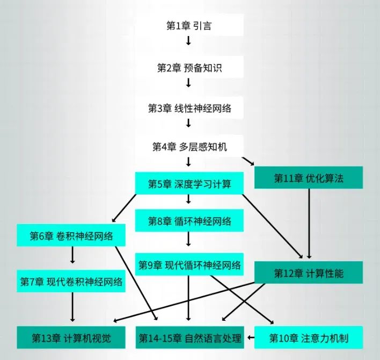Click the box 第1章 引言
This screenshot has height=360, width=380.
pyautogui.click(x=189, y=25)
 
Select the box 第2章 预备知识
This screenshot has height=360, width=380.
pyautogui.click(x=189, y=67)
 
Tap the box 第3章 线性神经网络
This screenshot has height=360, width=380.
pyautogui.click(x=189, y=108)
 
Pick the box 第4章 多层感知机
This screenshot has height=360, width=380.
pyautogui.click(x=189, y=147)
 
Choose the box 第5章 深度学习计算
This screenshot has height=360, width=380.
pyautogui.click(x=189, y=184)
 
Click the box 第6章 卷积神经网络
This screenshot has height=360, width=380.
pyautogui.click(x=71, y=236)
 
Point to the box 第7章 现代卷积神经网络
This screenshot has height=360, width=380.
pyautogui.click(x=71, y=281)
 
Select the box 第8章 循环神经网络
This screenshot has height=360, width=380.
pyautogui.click(x=189, y=220)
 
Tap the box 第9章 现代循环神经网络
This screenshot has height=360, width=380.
pyautogui.click(x=189, y=264)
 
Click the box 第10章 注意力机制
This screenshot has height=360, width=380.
pyautogui.click(x=309, y=338)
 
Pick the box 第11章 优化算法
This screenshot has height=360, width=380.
pyautogui.click(x=309, y=178)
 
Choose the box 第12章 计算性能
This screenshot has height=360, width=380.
pyautogui.click(x=309, y=273)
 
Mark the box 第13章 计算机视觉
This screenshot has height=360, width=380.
pyautogui.click(x=71, y=338)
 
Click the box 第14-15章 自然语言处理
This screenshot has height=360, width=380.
pyautogui.click(x=189, y=338)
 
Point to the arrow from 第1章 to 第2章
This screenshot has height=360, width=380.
pyautogui.click(x=188, y=41)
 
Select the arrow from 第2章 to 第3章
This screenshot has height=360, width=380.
pyautogui.click(x=188, y=82)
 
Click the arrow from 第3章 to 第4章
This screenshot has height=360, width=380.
pyautogui.click(x=188, y=123)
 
